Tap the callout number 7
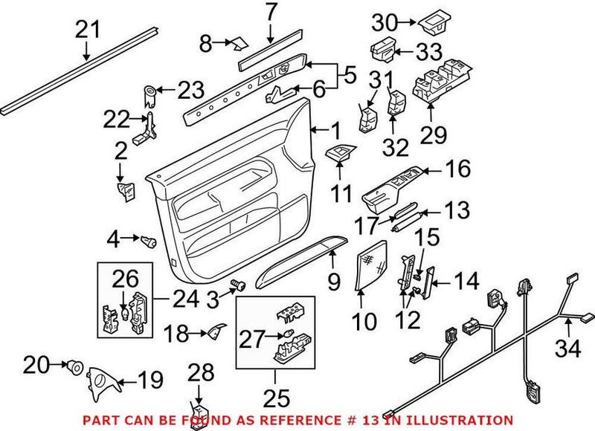point(270,13)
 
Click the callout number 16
point(458,169)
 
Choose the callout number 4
point(114,239)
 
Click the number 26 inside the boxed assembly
point(126,280)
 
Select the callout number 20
point(35,365)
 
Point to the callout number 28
point(199,371)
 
